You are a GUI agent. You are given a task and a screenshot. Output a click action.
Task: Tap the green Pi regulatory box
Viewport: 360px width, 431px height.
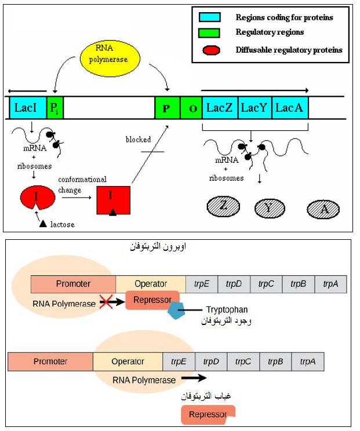[x=54, y=108]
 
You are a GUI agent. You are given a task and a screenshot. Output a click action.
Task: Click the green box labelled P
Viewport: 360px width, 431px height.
[x=166, y=108]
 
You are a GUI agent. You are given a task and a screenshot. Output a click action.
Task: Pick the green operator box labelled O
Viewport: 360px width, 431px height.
[x=191, y=108]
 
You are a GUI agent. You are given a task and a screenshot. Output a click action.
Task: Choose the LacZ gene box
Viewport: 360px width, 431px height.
[x=220, y=108]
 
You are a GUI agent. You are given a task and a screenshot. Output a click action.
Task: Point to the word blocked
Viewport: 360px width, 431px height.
[x=138, y=140]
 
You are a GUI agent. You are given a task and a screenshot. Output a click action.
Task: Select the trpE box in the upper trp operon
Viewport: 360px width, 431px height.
[x=202, y=284]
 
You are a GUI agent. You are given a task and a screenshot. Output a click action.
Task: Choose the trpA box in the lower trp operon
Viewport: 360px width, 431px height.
[x=307, y=361]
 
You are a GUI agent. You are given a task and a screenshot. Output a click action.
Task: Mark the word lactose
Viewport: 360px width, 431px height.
[x=63, y=224]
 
